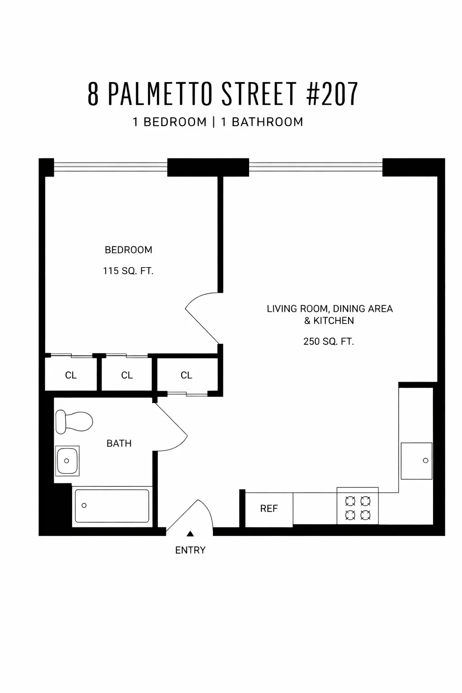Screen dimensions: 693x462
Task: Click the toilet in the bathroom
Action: (74, 422)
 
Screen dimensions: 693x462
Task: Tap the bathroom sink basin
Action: (67, 461)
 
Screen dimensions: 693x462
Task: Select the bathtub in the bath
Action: (111, 506)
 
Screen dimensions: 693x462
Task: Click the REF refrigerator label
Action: (269, 508)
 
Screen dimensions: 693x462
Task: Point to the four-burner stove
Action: (357, 508)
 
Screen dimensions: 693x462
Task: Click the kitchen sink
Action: (416, 461)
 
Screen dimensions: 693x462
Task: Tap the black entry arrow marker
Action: (190, 534)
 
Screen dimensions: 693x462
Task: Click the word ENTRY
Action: (190, 550)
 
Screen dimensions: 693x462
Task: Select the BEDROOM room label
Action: (129, 250)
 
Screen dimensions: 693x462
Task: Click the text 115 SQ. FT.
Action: (129, 271)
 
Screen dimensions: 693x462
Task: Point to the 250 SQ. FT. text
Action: (328, 342)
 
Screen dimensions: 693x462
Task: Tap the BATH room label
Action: (119, 444)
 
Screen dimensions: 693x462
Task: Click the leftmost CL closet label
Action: (71, 375)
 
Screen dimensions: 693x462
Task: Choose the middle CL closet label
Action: (127, 375)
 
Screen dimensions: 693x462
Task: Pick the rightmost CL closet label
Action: (186, 375)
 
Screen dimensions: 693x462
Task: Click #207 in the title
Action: (332, 94)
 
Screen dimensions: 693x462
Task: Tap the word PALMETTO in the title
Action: (160, 94)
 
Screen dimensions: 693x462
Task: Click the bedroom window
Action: (111, 167)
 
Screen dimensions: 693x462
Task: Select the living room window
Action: (315, 167)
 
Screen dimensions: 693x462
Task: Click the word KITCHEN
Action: (334, 321)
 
